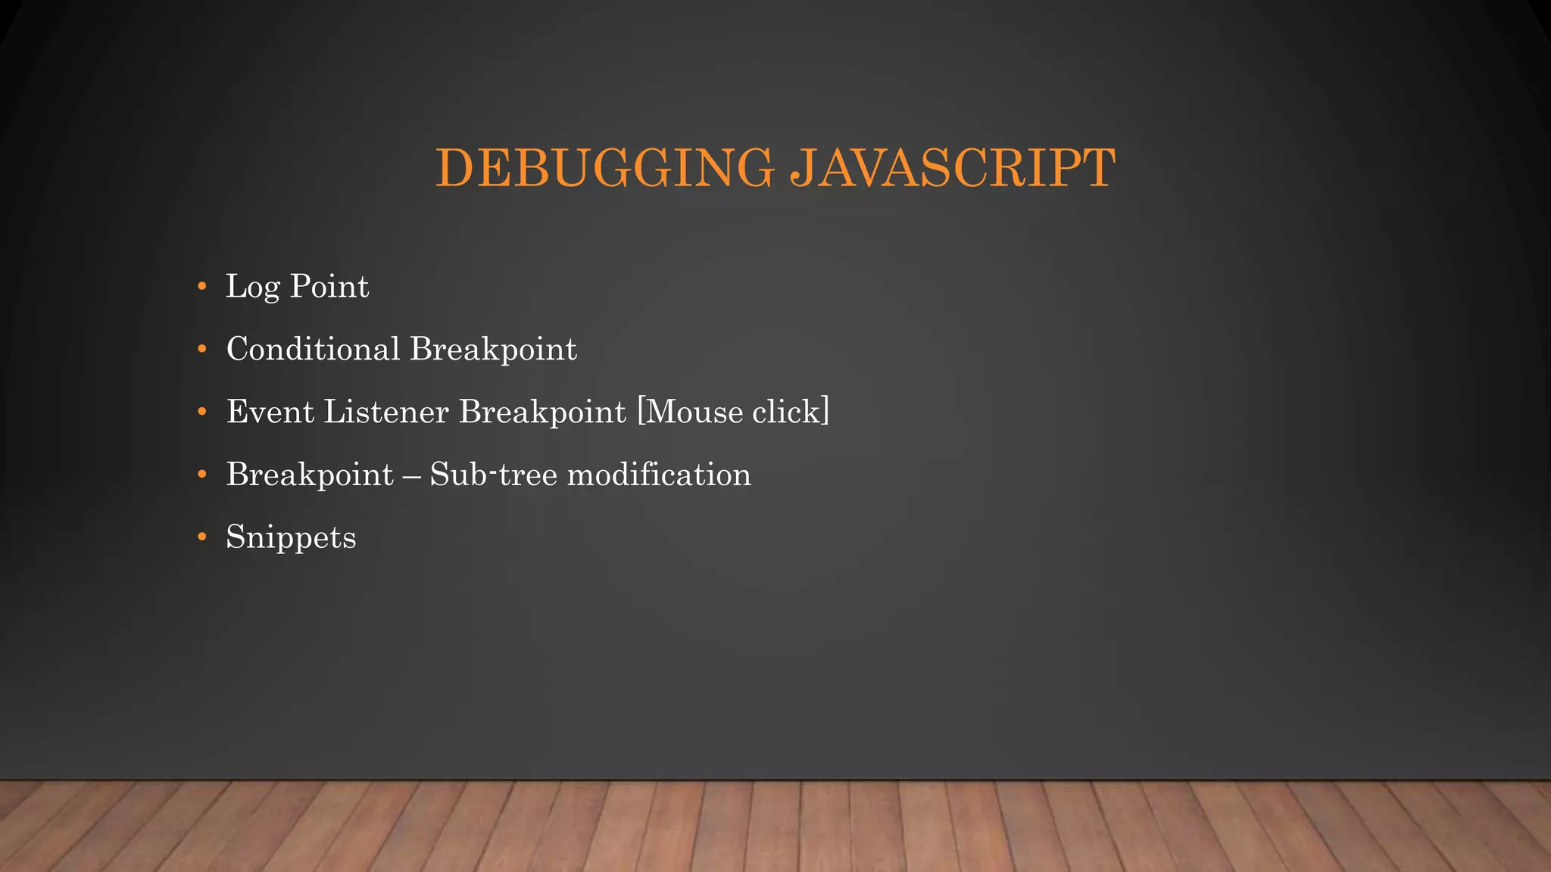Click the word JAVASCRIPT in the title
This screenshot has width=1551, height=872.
pyautogui.click(x=953, y=167)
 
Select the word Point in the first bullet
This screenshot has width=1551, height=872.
pyautogui.click(x=329, y=286)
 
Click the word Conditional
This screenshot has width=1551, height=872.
pyautogui.click(x=313, y=349)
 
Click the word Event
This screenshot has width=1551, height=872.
pyautogui.click(x=270, y=412)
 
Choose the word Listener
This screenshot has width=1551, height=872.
pyautogui.click(x=386, y=412)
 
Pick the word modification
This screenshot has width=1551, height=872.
pyautogui.click(x=659, y=475)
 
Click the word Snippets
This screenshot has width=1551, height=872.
pyautogui.click(x=291, y=538)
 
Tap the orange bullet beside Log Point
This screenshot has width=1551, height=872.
pyautogui.click(x=201, y=286)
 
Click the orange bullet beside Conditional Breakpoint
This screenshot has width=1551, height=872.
pyautogui.click(x=201, y=349)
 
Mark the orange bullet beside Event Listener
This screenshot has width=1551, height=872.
pyautogui.click(x=201, y=412)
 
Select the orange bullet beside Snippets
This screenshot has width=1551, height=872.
pyautogui.click(x=201, y=537)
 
